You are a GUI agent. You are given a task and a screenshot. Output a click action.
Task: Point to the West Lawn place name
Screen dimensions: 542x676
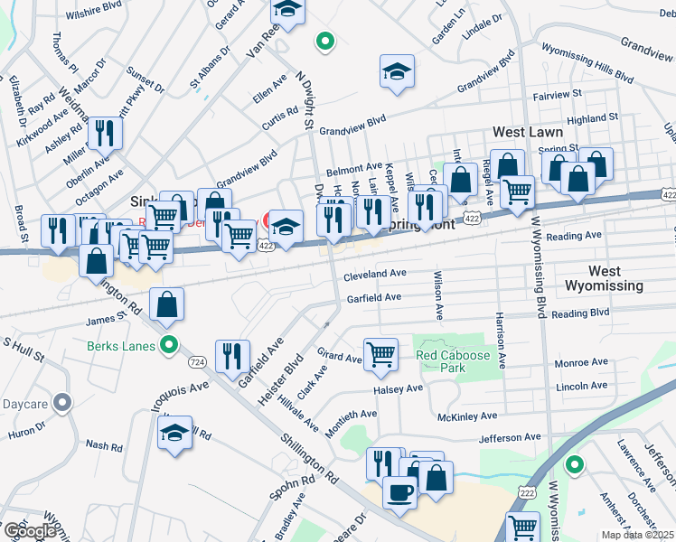pos(521,132)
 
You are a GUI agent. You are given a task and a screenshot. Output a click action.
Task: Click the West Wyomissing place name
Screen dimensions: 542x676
pos(604,278)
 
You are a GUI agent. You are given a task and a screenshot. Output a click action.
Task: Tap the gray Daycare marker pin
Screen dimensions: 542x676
pos(61,402)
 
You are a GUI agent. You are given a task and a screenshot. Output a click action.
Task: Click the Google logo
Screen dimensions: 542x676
pos(30,531)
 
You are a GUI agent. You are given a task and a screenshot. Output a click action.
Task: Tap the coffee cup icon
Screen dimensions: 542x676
pos(399,492)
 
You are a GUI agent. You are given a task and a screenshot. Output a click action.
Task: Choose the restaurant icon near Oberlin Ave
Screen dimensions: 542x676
pos(106,134)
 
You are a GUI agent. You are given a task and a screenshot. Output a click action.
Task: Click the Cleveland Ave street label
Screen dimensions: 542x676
pos(374,273)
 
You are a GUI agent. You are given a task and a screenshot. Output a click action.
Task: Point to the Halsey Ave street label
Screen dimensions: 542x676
pos(399,388)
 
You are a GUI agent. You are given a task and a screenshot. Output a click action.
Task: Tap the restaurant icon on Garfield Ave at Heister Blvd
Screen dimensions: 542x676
pos(233,355)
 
